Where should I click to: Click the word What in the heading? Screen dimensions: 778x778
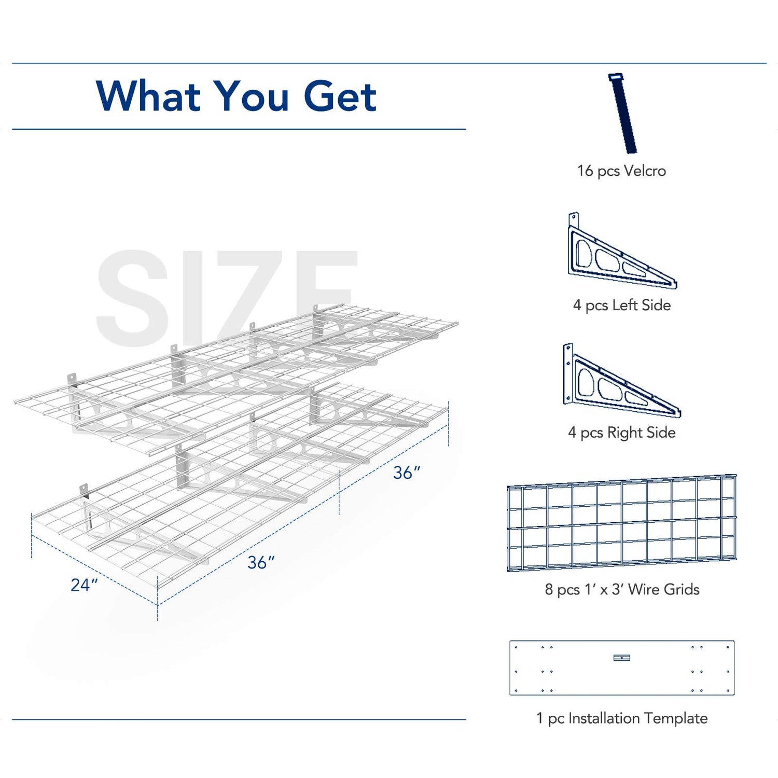(148, 96)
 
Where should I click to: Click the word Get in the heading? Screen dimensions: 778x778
(340, 96)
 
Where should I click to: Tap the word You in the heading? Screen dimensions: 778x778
(252, 96)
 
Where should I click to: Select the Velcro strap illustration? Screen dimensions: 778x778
(622, 114)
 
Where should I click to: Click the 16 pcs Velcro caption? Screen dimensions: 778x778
(621, 171)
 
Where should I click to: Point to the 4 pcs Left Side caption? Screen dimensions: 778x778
(621, 305)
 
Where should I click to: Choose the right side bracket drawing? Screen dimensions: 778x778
(622, 381)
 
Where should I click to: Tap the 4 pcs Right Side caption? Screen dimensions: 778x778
(621, 433)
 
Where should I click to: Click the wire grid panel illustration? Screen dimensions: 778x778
(622, 523)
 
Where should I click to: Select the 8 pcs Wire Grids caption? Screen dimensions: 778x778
(622, 589)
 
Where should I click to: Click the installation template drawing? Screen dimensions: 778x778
(622, 668)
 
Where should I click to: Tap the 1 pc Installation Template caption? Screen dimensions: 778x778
(622, 718)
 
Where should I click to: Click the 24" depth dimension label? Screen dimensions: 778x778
(85, 585)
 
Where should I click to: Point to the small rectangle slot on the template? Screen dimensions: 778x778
(622, 658)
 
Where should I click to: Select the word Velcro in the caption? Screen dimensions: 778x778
(645, 171)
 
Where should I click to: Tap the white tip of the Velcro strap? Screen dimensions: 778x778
(616, 77)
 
